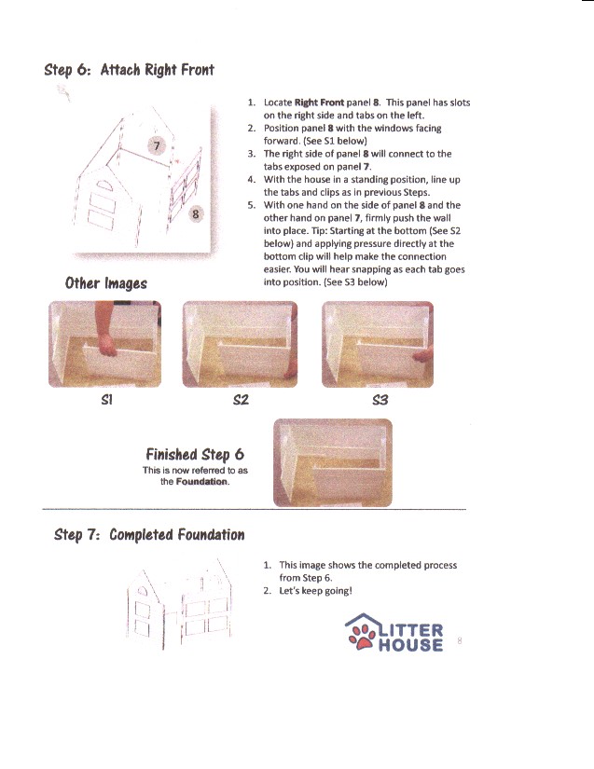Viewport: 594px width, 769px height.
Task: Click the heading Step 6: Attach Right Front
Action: point(130,70)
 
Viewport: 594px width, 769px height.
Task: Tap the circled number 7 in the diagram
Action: point(158,145)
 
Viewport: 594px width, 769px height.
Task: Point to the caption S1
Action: point(105,399)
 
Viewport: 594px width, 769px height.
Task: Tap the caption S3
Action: point(379,399)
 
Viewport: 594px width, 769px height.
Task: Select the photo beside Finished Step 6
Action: point(332,461)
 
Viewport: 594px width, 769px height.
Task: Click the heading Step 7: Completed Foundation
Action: point(149,534)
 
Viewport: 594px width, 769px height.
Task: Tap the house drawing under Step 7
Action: point(177,607)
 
